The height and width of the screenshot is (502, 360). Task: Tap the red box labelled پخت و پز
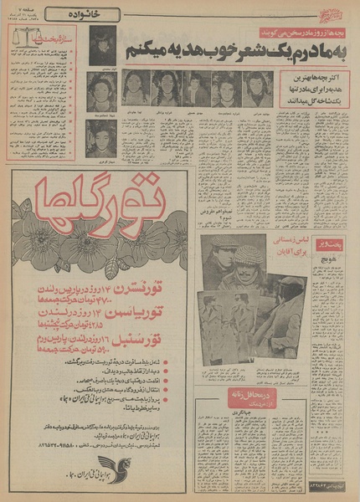(x=331, y=244)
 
